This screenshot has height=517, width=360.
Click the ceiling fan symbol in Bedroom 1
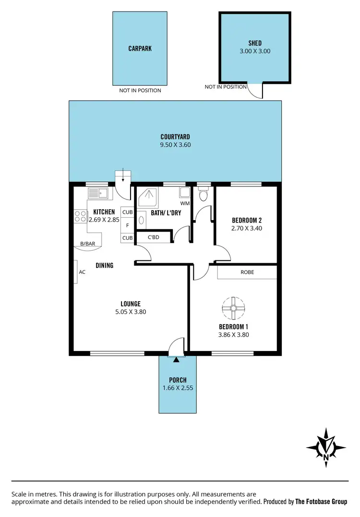click(233, 307)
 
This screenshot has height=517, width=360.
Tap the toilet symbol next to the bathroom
click(204, 195)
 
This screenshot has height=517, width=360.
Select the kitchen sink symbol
click(98, 193)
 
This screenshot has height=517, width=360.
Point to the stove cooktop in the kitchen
click(80, 216)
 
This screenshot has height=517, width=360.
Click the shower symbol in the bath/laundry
click(149, 196)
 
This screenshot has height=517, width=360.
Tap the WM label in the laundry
click(185, 203)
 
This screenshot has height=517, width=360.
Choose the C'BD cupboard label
click(153, 237)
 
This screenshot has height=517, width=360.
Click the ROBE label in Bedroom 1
click(247, 272)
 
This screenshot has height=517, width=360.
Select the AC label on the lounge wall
click(82, 272)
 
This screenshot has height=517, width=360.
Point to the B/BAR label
click(87, 244)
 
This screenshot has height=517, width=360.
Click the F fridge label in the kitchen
click(127, 225)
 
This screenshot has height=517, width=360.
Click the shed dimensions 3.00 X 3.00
click(254, 51)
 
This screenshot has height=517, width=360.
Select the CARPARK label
click(140, 48)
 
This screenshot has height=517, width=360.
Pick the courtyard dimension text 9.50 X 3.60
click(175, 144)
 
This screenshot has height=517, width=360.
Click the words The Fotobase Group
click(321, 502)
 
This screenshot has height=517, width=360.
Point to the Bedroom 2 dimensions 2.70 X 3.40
click(246, 228)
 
